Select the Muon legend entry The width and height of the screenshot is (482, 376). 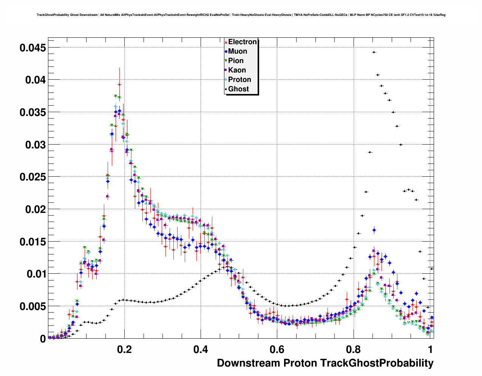pos(238,51)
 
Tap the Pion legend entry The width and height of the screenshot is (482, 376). pos(236,61)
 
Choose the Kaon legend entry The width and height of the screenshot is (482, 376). pos(237,70)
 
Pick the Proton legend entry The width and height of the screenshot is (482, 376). pos(239,80)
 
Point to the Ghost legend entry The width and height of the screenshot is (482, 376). pos(238,89)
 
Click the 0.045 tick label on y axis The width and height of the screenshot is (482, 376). pos(33,48)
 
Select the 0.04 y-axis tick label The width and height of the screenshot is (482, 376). pos(36,80)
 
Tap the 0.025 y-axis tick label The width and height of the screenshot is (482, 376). pos(33,177)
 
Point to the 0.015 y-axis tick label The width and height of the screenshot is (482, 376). pos(33,242)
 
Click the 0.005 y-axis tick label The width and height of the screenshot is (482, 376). pos(33,306)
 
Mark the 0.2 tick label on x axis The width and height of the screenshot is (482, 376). pos(124,350)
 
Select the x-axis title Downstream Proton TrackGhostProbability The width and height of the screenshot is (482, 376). pos(325,363)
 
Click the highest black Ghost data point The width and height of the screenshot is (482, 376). pos(374,52)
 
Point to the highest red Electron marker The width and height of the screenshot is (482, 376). pos(119,85)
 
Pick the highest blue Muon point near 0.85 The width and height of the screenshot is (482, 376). pos(374,230)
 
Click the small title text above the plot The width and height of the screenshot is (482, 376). pos(241,15)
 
